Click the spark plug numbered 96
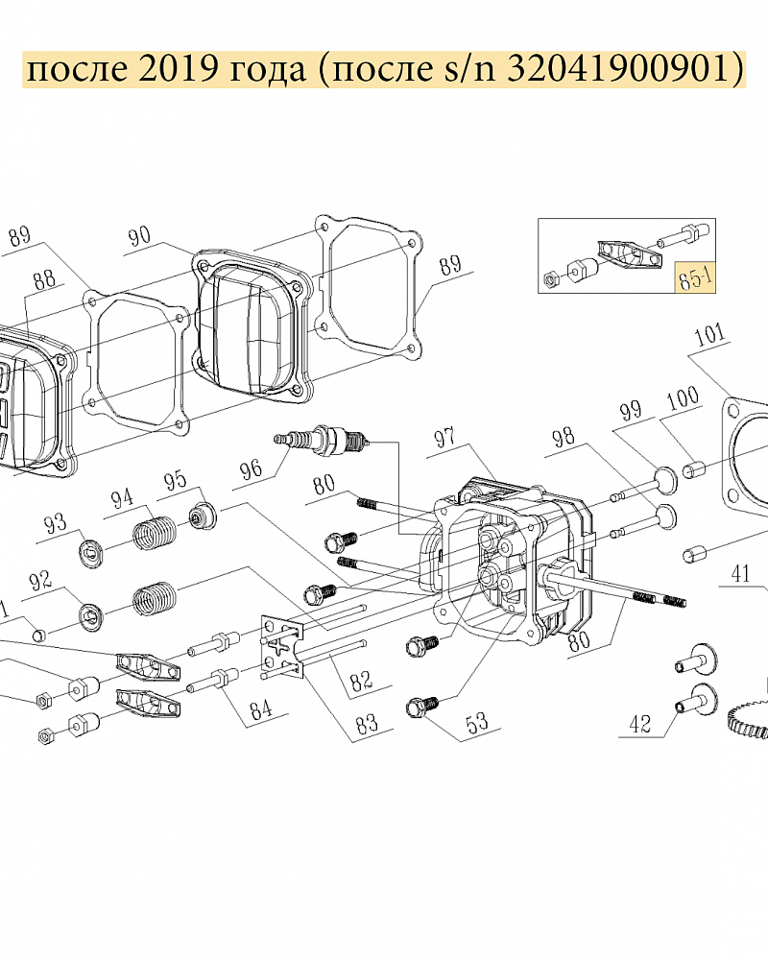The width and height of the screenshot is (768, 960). coord(323,440)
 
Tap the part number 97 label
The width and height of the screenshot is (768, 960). coord(445,438)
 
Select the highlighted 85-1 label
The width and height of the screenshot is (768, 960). coord(695,278)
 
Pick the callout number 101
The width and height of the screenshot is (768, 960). coord(709,334)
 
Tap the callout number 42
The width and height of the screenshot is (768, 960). coord(640,724)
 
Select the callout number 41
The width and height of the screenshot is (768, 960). coord(741,574)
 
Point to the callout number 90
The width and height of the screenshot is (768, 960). coord(139,236)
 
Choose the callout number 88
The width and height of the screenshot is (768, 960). coord(44,279)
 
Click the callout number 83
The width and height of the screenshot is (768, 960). coord(367,725)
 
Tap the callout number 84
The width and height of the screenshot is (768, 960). coord(261,709)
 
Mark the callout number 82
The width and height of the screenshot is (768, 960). coord(361,680)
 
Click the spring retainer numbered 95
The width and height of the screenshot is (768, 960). coord(204,516)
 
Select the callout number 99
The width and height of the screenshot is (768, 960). coord(631,411)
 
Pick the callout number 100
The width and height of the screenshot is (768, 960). coord(683,398)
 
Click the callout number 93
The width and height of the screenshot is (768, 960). coord(55,524)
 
